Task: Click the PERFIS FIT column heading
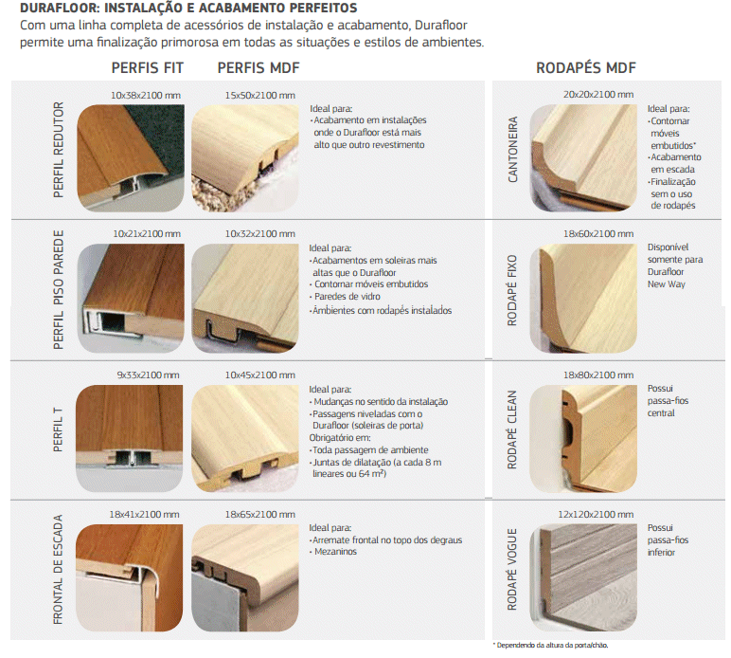tap(148, 68)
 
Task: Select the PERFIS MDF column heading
tap(259, 68)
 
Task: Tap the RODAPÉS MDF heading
tap(586, 68)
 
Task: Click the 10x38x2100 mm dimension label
tap(146, 95)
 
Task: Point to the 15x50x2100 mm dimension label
tap(260, 95)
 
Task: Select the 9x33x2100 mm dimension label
tap(149, 375)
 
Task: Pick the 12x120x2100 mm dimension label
tap(596, 514)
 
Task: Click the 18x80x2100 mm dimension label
tap(598, 375)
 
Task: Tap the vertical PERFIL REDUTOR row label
tap(59, 150)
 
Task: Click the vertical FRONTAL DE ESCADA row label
tap(58, 570)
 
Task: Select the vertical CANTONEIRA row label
tap(512, 150)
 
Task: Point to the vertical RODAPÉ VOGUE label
tap(512, 569)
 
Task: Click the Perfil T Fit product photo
tap(129, 438)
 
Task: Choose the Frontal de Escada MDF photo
tap(245, 577)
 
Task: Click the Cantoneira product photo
tap(583, 157)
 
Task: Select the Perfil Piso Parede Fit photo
tap(131, 299)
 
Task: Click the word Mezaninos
tap(335, 552)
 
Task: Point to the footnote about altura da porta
tap(550, 646)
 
